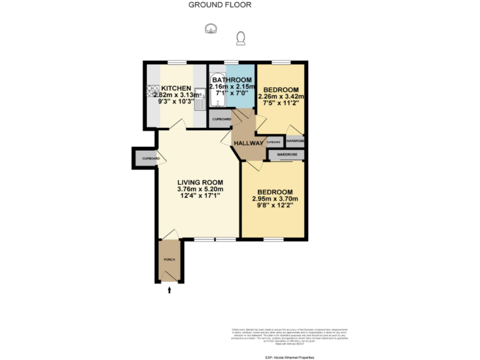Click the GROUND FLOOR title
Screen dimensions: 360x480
click(x=220, y=5)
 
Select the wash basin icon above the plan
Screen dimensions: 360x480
click(x=211, y=28)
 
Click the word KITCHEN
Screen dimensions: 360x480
click(x=176, y=88)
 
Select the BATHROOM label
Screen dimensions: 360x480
click(x=232, y=81)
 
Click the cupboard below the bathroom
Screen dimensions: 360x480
click(x=221, y=119)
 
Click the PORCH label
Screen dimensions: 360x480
click(x=169, y=259)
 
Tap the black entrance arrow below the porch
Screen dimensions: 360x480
click(x=169, y=289)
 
